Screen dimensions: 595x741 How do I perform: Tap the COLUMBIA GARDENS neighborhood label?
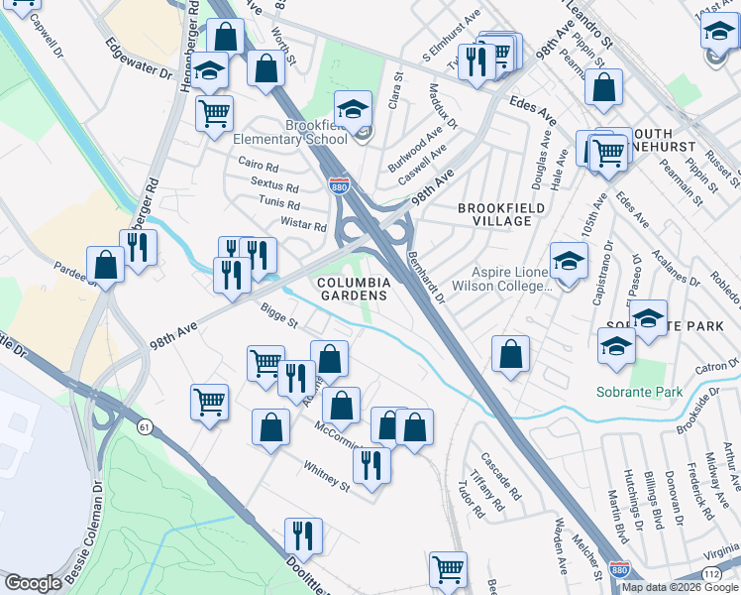[x=353, y=289]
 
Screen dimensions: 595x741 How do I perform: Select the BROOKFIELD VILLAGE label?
[x=494, y=214]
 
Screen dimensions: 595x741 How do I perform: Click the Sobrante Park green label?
[x=640, y=392]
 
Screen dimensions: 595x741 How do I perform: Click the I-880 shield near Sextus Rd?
[x=338, y=184]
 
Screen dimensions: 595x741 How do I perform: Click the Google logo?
[x=34, y=583]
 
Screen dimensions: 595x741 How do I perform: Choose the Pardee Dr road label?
[x=73, y=268]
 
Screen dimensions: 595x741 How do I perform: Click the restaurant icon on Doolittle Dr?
[x=303, y=535]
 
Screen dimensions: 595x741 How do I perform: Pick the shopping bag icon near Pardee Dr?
[x=105, y=265]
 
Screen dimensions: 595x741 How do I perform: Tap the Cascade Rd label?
[x=501, y=477]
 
